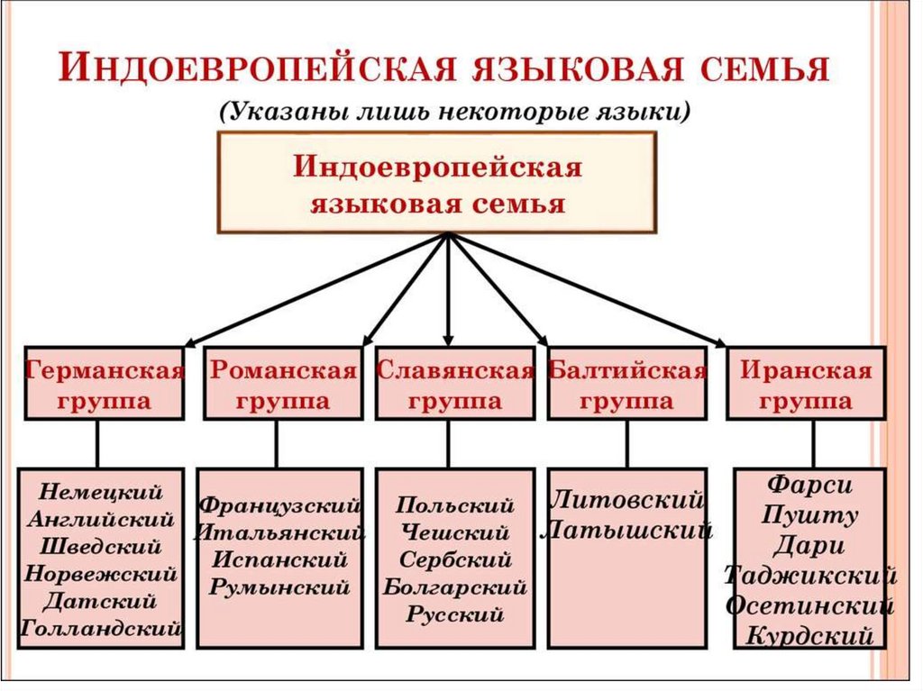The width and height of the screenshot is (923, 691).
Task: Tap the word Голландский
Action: (x=101, y=627)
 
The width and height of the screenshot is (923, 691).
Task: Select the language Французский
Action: (x=280, y=505)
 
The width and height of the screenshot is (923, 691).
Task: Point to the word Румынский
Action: (x=279, y=587)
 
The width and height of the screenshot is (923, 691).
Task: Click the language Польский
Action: (x=454, y=505)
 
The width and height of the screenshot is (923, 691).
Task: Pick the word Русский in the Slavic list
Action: (x=454, y=616)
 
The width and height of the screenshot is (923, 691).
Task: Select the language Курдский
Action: (x=809, y=636)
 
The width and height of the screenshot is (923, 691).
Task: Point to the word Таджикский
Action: (x=809, y=576)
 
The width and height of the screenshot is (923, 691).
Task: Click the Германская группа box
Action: (x=104, y=383)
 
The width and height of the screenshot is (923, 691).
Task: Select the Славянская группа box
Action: (x=454, y=383)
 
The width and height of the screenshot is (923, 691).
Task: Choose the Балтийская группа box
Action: (x=626, y=383)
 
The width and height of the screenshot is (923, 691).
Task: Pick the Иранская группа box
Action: (x=807, y=383)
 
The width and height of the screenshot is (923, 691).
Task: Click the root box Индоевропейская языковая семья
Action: (x=438, y=183)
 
